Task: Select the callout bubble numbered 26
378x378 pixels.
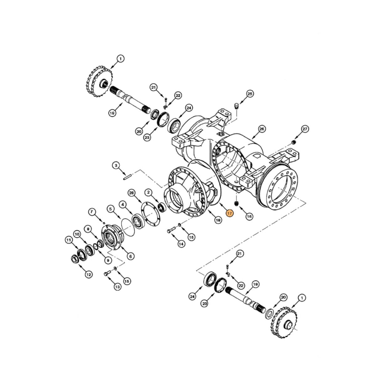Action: coord(262,129)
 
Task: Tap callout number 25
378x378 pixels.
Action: coord(249,93)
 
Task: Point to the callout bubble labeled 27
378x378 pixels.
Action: coord(305,129)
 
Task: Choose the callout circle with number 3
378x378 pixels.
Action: coord(116,165)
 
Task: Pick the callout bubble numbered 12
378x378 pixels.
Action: coord(88,275)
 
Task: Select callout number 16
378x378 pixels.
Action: coord(249,216)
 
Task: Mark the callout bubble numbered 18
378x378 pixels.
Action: coord(218,220)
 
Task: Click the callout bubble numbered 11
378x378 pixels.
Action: coord(68,240)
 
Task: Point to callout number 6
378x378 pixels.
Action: coord(131,256)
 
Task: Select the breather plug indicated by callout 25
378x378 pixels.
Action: coord(237,106)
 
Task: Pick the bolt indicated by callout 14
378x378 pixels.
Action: coord(171,230)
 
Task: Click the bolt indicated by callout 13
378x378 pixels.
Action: coord(107,273)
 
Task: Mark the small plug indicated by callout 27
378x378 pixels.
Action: coord(293,142)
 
